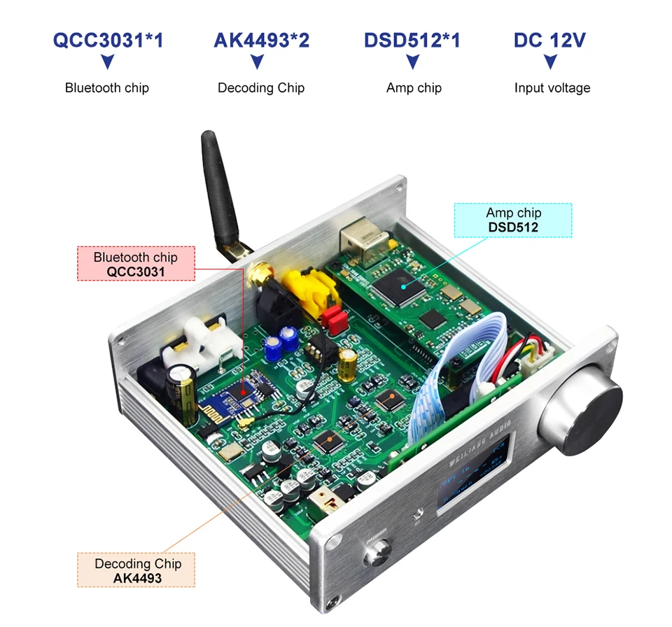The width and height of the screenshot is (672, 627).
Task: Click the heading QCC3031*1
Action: [108, 40]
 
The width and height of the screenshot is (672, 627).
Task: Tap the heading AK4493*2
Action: [261, 40]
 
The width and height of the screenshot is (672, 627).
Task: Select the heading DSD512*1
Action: [412, 40]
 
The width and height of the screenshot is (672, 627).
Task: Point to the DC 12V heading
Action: [549, 40]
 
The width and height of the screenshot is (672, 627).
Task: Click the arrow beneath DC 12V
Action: [550, 63]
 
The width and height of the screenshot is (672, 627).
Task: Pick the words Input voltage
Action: [552, 88]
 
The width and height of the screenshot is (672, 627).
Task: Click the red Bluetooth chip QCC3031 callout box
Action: [136, 263]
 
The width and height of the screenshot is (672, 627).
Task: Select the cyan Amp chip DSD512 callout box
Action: [513, 220]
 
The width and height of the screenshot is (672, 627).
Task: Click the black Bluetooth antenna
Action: [217, 192]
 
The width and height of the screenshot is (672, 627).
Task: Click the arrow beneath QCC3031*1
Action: [107, 63]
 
